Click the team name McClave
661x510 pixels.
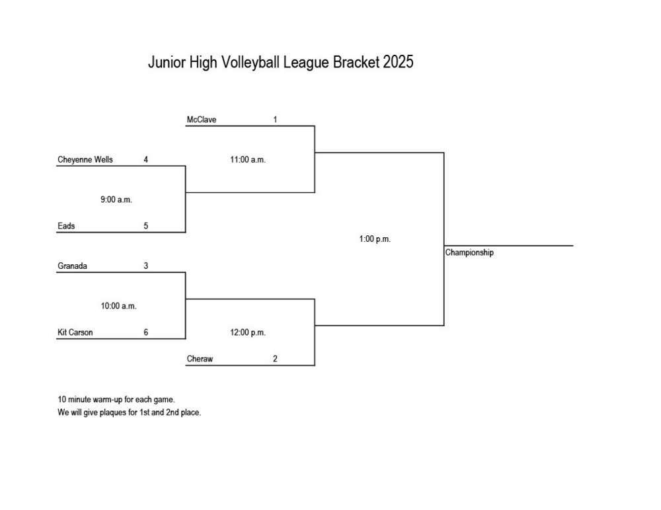tap(202, 120)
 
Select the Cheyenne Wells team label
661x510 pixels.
tap(85, 160)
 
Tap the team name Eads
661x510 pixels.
tap(66, 226)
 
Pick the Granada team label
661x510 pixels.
tap(73, 266)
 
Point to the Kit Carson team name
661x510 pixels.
tap(75, 332)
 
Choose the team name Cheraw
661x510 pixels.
tap(200, 359)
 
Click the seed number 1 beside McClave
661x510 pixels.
tap(275, 120)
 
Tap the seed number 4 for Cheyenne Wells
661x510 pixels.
tap(145, 160)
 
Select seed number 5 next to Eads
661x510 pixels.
tap(145, 226)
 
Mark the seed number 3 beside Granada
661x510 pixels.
tap(145, 266)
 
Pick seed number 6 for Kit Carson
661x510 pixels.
tap(145, 332)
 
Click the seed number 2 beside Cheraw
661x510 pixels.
tap(275, 359)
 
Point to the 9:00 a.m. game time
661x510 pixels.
tap(116, 200)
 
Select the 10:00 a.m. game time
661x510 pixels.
tap(118, 306)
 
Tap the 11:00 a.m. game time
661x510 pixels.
tap(248, 160)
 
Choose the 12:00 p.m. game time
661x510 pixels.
tap(248, 332)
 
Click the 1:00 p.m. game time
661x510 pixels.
tap(375, 239)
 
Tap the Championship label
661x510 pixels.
tap(469, 253)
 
